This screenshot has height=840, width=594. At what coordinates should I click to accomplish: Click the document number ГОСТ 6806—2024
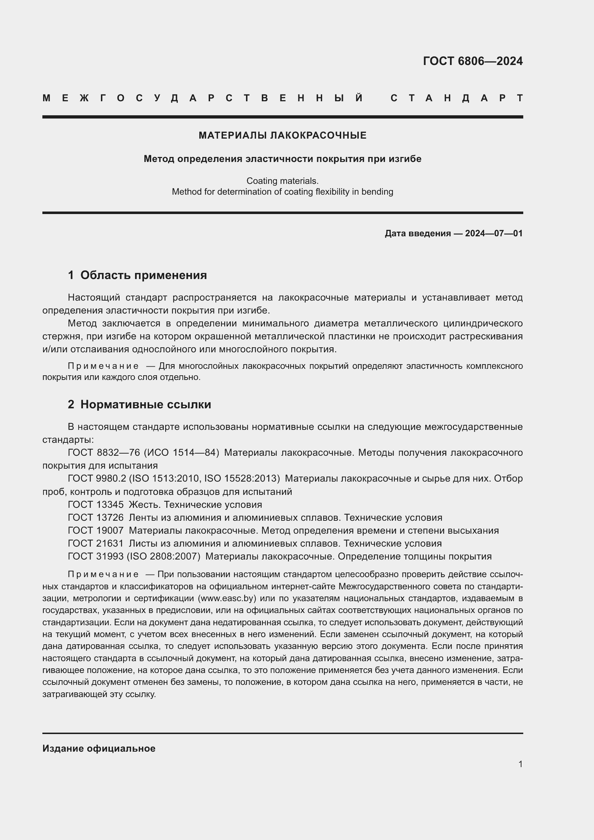click(x=473, y=61)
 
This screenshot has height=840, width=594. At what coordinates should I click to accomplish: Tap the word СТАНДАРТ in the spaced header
click(x=456, y=98)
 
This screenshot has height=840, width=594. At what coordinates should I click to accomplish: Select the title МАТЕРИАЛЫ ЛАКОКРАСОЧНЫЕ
click(x=282, y=135)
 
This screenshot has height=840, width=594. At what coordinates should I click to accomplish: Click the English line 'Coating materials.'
click(x=282, y=181)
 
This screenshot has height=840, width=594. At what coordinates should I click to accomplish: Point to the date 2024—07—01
click(x=493, y=233)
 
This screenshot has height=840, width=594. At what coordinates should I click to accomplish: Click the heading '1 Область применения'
click(x=137, y=275)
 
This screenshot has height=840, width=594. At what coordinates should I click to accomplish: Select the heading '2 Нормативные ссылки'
click(x=139, y=405)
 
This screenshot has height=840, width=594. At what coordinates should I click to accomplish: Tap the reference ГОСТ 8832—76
click(x=104, y=453)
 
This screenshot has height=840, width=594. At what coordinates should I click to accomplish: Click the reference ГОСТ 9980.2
click(x=97, y=478)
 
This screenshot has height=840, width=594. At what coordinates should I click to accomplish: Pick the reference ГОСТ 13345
click(x=96, y=505)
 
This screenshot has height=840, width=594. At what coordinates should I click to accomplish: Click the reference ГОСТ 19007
click(x=96, y=530)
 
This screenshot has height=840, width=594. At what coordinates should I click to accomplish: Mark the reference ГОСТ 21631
click(x=96, y=543)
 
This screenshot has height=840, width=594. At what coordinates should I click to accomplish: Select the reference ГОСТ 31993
click(x=96, y=556)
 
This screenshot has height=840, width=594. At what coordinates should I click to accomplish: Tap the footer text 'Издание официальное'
click(x=99, y=748)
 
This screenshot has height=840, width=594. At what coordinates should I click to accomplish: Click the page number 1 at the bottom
click(x=520, y=764)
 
